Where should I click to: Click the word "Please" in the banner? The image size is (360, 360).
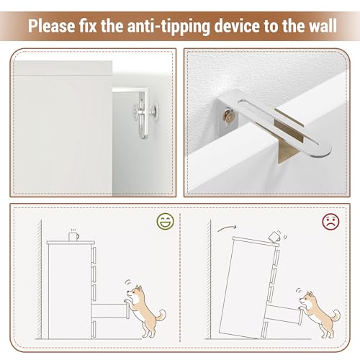click(x=51, y=26)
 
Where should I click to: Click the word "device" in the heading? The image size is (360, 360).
click(x=237, y=25)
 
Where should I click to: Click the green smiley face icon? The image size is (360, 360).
click(x=166, y=221)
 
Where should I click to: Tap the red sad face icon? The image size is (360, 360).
click(x=330, y=222)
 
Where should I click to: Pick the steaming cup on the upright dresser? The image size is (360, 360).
click(x=74, y=235)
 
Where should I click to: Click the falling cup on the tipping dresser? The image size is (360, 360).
click(x=275, y=237)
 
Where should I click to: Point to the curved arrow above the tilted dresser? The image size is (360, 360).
click(x=227, y=228)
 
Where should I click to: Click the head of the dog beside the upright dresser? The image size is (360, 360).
click(x=135, y=292)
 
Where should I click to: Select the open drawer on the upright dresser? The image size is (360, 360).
click(x=110, y=311)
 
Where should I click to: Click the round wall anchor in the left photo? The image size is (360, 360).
click(x=154, y=111)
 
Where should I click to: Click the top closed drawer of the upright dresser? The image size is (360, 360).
click(x=94, y=255)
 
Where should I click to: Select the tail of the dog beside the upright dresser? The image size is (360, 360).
click(x=161, y=315)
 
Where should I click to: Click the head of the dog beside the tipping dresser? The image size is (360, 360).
click(x=308, y=299)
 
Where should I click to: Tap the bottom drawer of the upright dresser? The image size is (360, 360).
click(x=94, y=329)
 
